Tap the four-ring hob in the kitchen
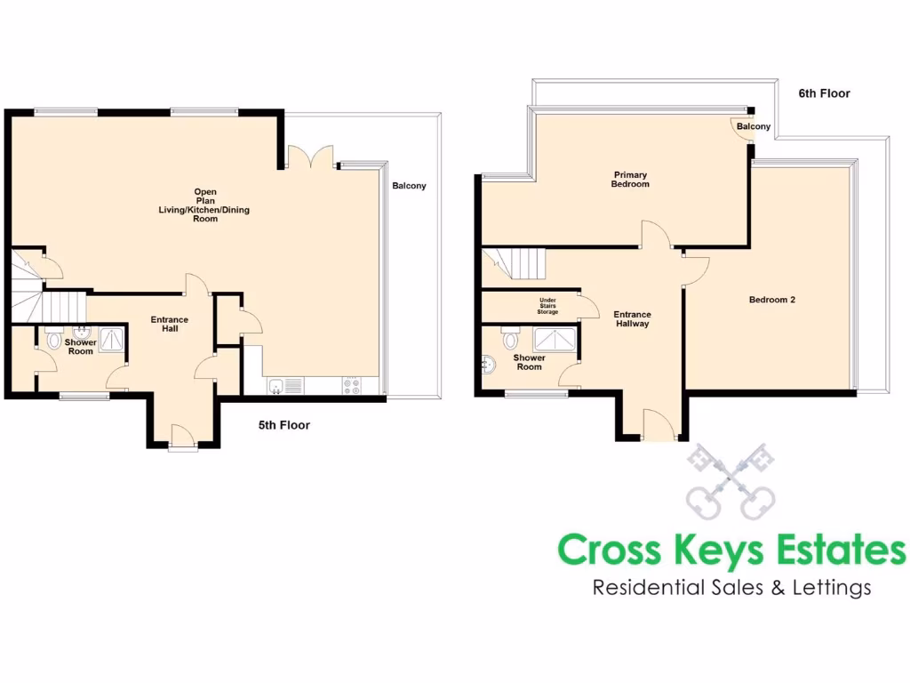351,385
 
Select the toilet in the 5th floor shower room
53,340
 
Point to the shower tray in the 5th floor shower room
112,339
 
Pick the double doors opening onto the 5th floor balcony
310,158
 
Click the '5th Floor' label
283,425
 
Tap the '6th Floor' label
824,93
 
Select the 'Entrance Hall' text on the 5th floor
169,325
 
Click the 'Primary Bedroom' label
629,180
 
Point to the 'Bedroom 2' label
771,300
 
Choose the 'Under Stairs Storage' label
547,306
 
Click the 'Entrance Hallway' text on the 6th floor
632,319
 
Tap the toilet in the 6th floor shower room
510,340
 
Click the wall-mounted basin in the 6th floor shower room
487,364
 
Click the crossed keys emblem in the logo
730,481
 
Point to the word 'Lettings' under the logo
830,587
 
